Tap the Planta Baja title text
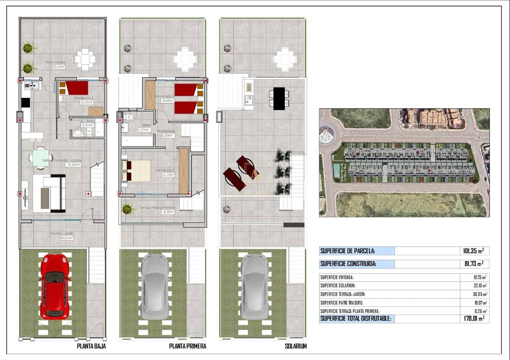click(91, 346)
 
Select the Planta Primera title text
click(187, 346)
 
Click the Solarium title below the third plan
click(295, 346)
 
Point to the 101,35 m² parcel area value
click(473, 251)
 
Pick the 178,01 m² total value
click(474, 318)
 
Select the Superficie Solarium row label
click(338, 286)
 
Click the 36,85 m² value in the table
click(480, 294)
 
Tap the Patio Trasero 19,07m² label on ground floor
click(55, 65)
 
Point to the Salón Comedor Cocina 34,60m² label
click(62, 162)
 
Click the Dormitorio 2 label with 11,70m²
click(165, 172)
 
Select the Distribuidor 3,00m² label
click(166, 133)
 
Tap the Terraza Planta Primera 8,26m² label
click(157, 209)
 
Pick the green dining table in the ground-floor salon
click(40, 158)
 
